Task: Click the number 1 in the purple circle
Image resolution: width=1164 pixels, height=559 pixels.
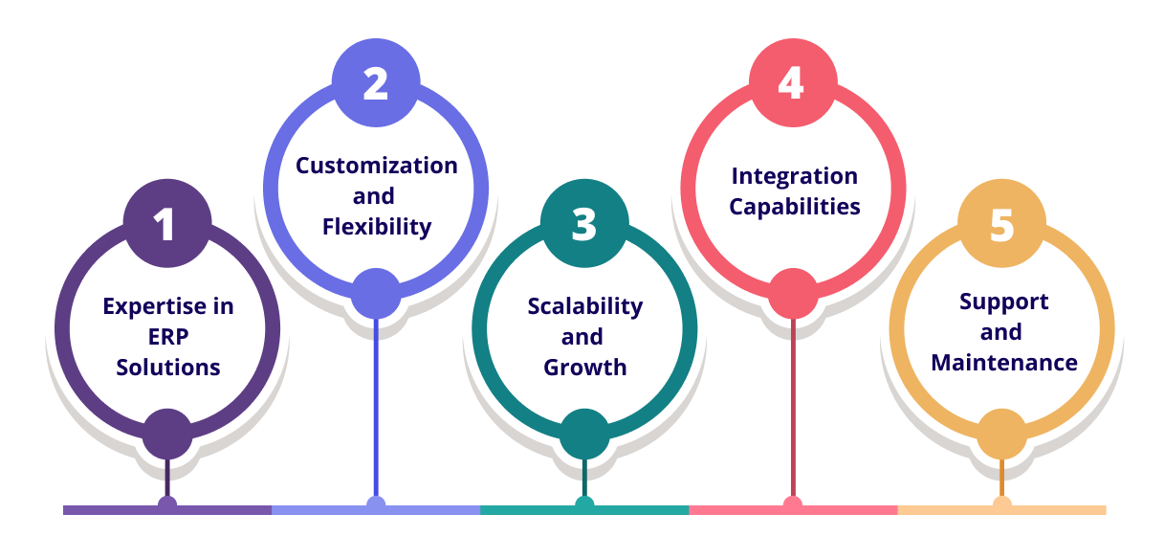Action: click(x=166, y=225)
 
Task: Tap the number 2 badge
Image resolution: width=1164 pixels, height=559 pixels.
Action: click(x=375, y=84)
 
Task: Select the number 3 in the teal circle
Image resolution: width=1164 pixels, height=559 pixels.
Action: click(x=584, y=225)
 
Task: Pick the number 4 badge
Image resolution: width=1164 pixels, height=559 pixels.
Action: click(x=792, y=84)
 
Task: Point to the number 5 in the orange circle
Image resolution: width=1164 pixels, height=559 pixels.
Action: click(x=1001, y=225)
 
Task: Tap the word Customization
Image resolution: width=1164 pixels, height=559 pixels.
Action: click(x=376, y=166)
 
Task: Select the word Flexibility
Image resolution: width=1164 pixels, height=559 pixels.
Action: click(x=376, y=227)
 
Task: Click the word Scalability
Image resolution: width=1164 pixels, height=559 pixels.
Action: click(x=584, y=306)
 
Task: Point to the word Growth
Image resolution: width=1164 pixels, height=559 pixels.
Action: click(x=584, y=368)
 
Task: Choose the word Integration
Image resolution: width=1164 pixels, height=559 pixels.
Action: click(x=794, y=176)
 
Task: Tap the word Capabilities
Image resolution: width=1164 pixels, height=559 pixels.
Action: click(x=794, y=207)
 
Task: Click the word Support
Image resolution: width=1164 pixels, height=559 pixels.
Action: click(x=1003, y=302)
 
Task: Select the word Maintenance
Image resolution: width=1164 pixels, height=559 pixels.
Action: click(x=1003, y=363)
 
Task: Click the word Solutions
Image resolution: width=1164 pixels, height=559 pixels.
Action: click(x=167, y=368)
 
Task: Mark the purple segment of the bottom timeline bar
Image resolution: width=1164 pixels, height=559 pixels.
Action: click(x=115, y=510)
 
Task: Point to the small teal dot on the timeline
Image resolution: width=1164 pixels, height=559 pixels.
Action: click(x=584, y=503)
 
